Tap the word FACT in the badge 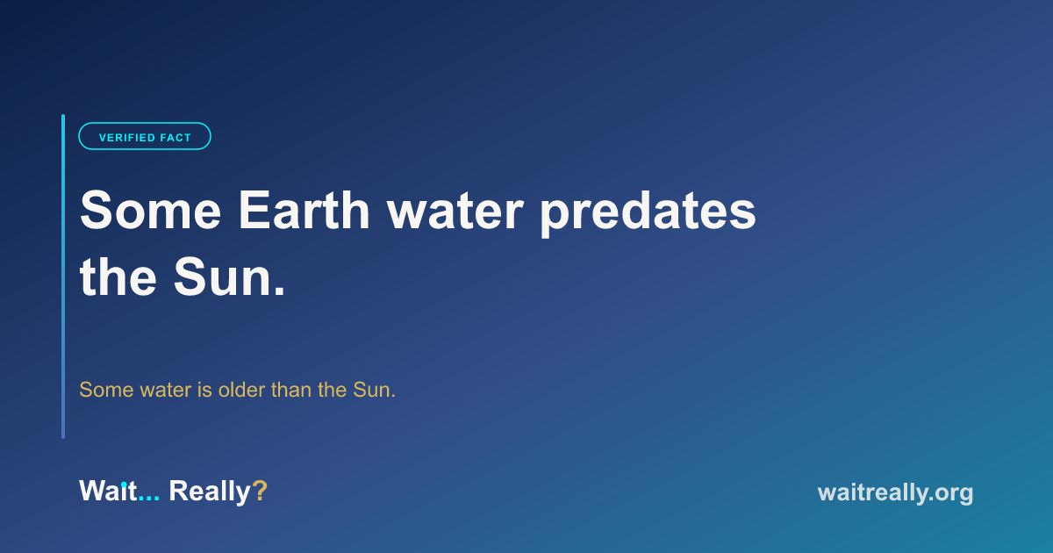pyautogui.click(x=175, y=138)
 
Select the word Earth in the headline pyautogui.click(x=304, y=210)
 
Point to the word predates pyautogui.click(x=648, y=213)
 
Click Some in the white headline pyautogui.click(x=150, y=210)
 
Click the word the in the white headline pyautogui.click(x=118, y=277)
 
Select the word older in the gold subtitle pyautogui.click(x=241, y=390)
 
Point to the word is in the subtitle pyautogui.click(x=205, y=390)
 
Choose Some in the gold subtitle pyautogui.click(x=106, y=390)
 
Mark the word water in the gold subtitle pyautogui.click(x=166, y=391)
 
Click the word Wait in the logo pyautogui.click(x=108, y=491)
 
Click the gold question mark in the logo pyautogui.click(x=260, y=491)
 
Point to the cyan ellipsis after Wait pyautogui.click(x=149, y=499)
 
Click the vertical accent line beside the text pyautogui.click(x=63, y=276)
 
